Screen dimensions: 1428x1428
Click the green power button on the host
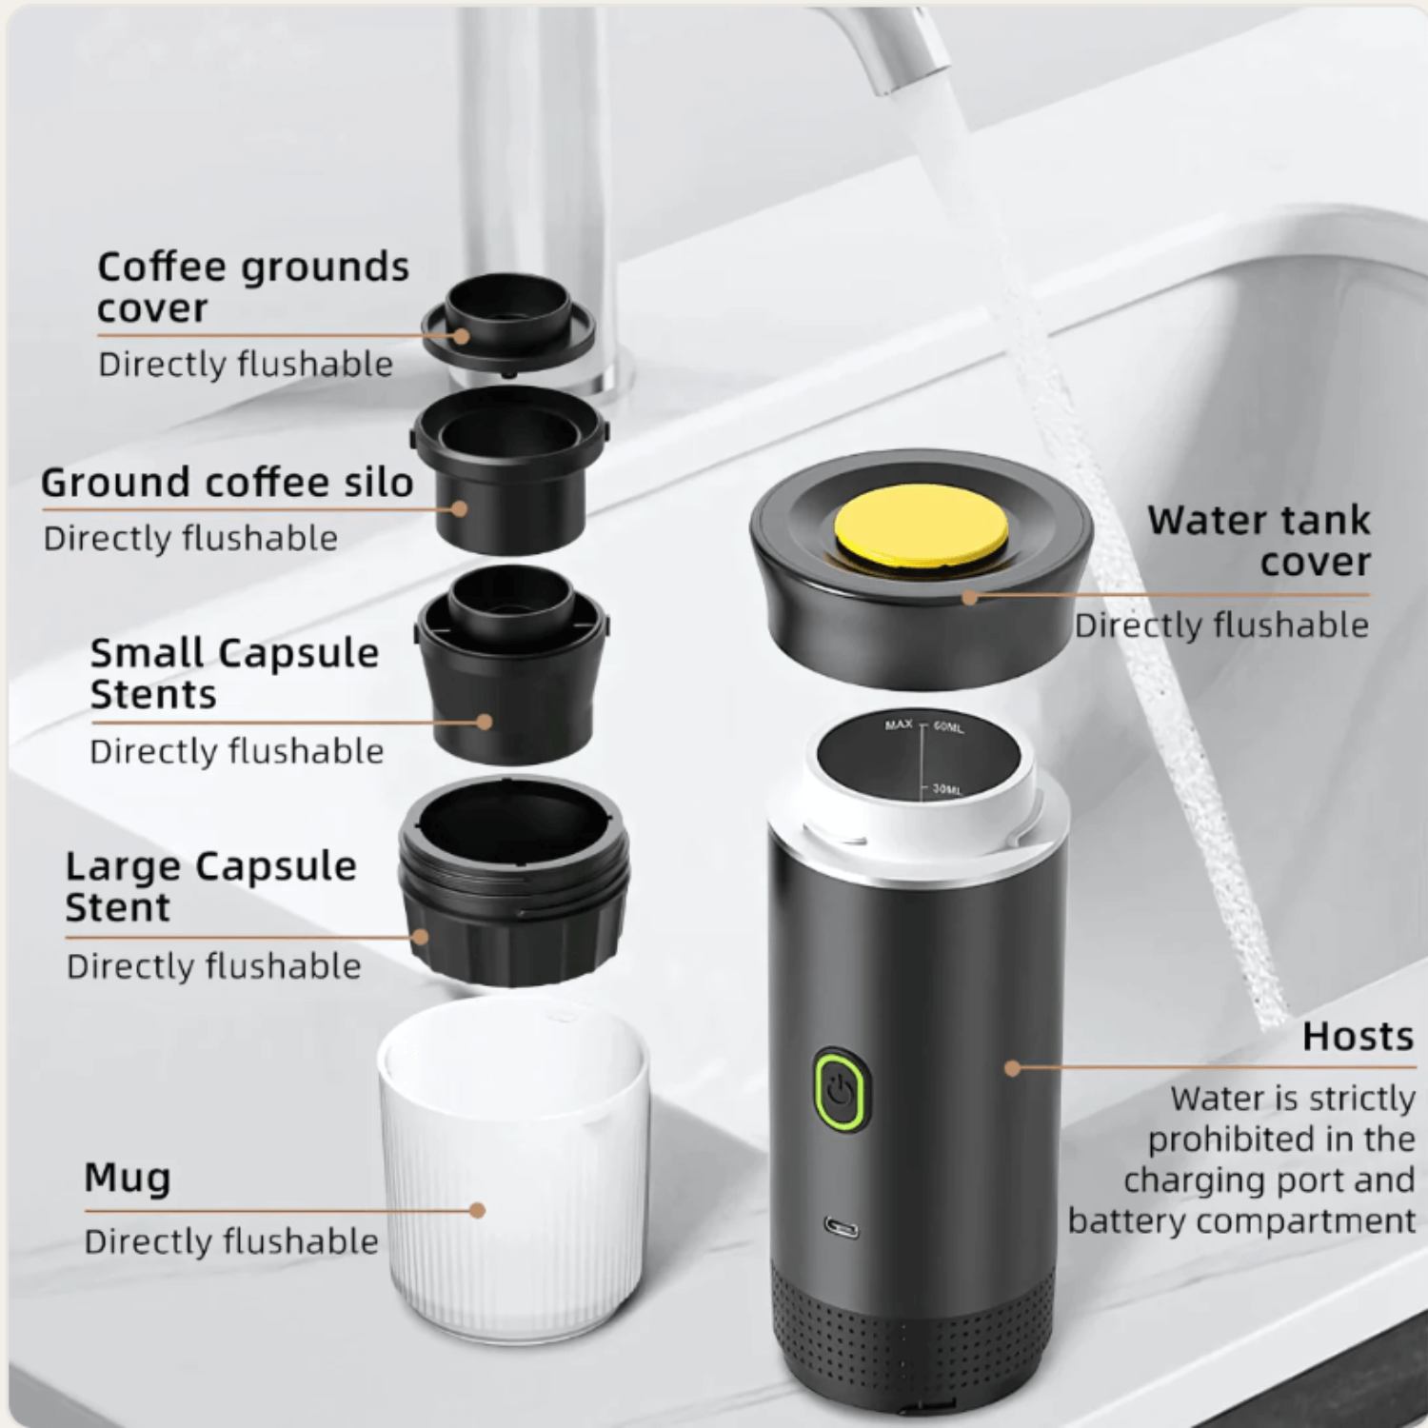(842, 1089)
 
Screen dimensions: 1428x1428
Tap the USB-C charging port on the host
(842, 1228)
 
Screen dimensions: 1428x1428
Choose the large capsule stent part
(514, 881)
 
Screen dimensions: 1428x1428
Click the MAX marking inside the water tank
(899, 725)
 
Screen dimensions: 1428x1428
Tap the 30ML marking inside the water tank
(947, 789)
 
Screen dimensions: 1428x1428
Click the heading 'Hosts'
(1358, 1037)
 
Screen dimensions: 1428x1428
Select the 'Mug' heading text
(128, 1179)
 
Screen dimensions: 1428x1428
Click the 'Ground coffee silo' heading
(227, 483)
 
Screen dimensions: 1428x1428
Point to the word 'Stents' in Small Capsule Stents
(153, 695)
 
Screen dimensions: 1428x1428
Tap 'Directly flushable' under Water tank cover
(1221, 625)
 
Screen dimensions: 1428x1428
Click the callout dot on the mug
(478, 1210)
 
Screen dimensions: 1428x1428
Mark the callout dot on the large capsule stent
(421, 937)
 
